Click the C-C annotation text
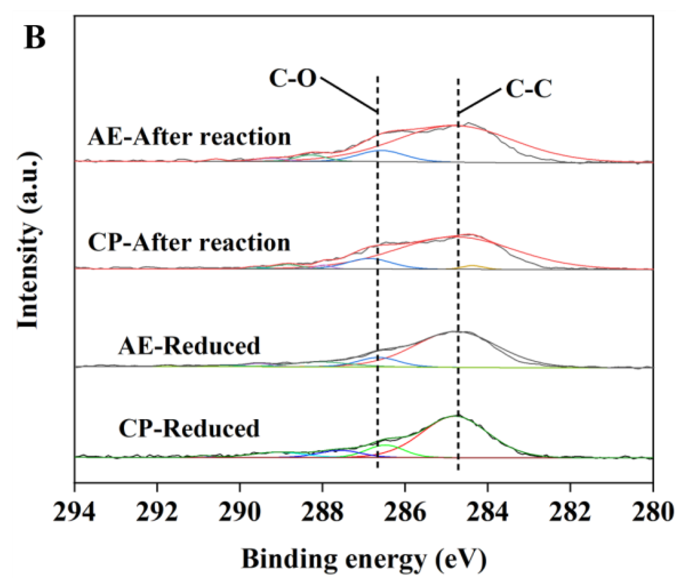coord(529,89)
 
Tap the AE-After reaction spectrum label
coord(189,137)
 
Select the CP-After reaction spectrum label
coord(189,243)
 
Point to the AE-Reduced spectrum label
coord(189,346)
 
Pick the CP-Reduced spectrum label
coord(189,428)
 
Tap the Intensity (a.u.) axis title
coord(29,240)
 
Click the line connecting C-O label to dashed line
coord(348,95)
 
